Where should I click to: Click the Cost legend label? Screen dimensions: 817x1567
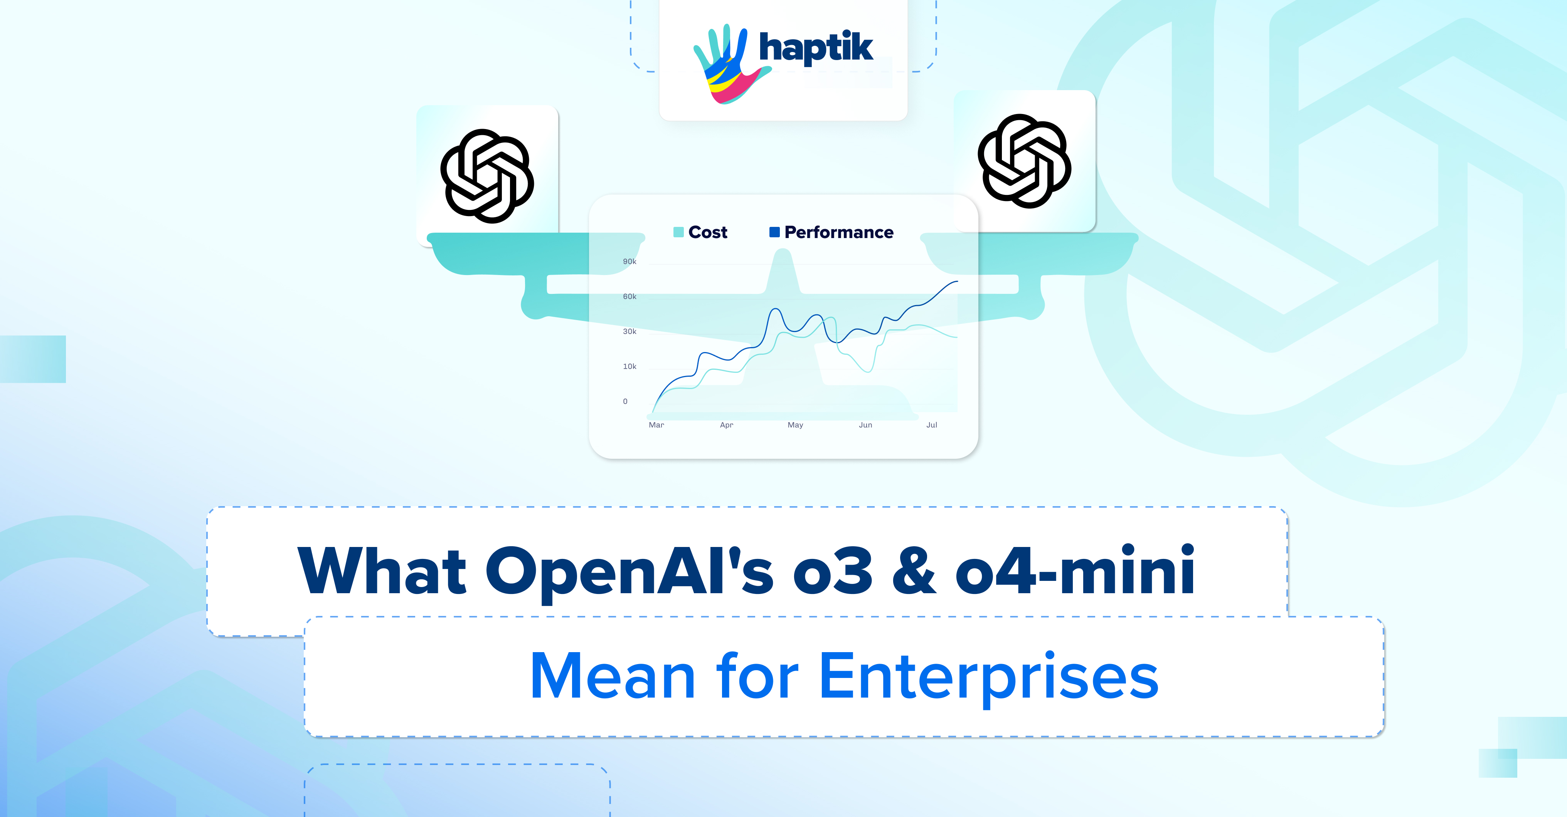click(x=707, y=232)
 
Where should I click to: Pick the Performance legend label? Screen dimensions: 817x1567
click(x=838, y=232)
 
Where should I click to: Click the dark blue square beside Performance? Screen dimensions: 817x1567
click(x=774, y=232)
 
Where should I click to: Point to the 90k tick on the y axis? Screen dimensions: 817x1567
click(x=629, y=262)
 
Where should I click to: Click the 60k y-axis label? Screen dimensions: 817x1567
click(x=629, y=297)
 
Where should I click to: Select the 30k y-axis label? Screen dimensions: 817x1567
click(x=629, y=331)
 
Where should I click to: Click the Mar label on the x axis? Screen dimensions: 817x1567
click(x=656, y=425)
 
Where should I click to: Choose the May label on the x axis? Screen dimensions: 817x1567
click(x=795, y=425)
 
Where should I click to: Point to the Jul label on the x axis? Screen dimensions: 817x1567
click(x=931, y=425)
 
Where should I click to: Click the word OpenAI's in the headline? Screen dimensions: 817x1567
click(x=629, y=571)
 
